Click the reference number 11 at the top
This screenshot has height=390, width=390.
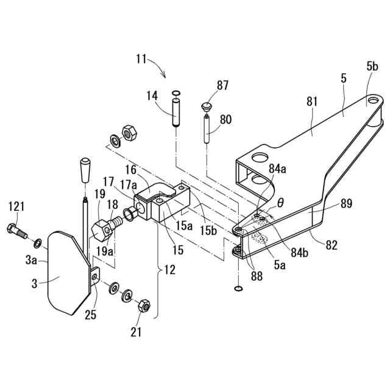tap(141, 59)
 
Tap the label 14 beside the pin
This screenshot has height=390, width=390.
tap(152, 96)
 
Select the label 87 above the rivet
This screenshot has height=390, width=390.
tap(222, 85)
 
